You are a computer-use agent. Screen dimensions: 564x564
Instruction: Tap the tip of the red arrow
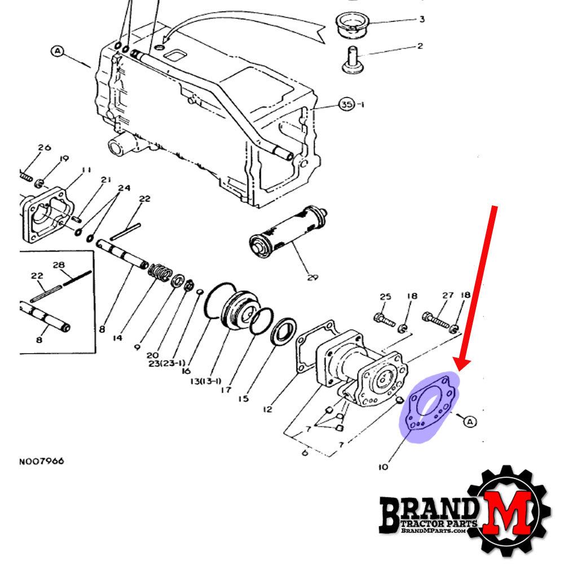[x=461, y=368]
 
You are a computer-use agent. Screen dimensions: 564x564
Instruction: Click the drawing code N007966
[x=42, y=461]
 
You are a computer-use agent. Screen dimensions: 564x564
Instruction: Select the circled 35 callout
[x=349, y=105]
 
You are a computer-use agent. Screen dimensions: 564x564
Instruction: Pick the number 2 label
[x=420, y=46]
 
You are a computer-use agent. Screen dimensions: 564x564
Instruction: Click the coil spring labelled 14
[x=161, y=272]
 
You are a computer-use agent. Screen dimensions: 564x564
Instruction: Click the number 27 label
[x=448, y=295]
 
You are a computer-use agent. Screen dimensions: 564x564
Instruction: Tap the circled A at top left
[x=58, y=51]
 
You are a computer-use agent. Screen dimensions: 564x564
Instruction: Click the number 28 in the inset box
[x=59, y=265]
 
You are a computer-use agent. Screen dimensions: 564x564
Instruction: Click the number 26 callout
[x=44, y=148]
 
